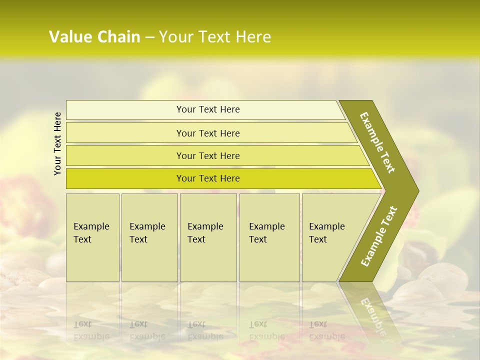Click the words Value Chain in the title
coord(94,37)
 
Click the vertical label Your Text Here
coord(57,143)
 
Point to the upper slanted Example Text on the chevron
coord(377,142)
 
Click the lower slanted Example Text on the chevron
coord(379,236)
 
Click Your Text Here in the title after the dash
coord(215,37)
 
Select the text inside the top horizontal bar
coord(208,109)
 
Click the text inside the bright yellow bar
coord(208,178)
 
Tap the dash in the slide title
coord(149,37)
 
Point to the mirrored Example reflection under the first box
coord(91,336)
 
